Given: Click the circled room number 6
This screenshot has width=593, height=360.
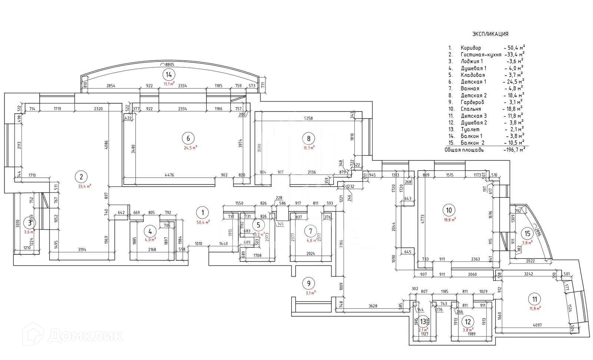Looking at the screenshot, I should point(188,139).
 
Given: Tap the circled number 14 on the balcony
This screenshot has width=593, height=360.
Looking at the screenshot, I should point(169,74).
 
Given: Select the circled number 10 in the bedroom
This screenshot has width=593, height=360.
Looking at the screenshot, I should point(449,210).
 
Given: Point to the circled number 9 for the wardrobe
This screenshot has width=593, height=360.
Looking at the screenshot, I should point(308,284).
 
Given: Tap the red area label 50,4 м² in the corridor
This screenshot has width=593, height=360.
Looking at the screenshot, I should point(203,222).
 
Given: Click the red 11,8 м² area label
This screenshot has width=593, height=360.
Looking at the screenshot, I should point(534,307).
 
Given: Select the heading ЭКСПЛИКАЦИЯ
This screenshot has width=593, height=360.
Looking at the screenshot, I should point(490,34).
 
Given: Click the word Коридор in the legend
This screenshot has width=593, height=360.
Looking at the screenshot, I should point(471,48).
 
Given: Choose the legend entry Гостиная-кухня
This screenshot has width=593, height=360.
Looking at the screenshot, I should point(481,55).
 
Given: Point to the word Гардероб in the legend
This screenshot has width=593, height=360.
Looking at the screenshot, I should point(473,102).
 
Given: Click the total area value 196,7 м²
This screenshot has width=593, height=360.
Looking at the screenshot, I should point(514,150).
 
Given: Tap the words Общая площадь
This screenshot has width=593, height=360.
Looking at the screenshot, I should point(464,150).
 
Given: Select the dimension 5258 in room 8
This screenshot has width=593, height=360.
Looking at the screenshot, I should point(308,119).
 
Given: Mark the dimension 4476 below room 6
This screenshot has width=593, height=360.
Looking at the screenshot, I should point(169,175).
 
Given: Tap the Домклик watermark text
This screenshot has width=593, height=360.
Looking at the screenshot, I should point(86,335).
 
